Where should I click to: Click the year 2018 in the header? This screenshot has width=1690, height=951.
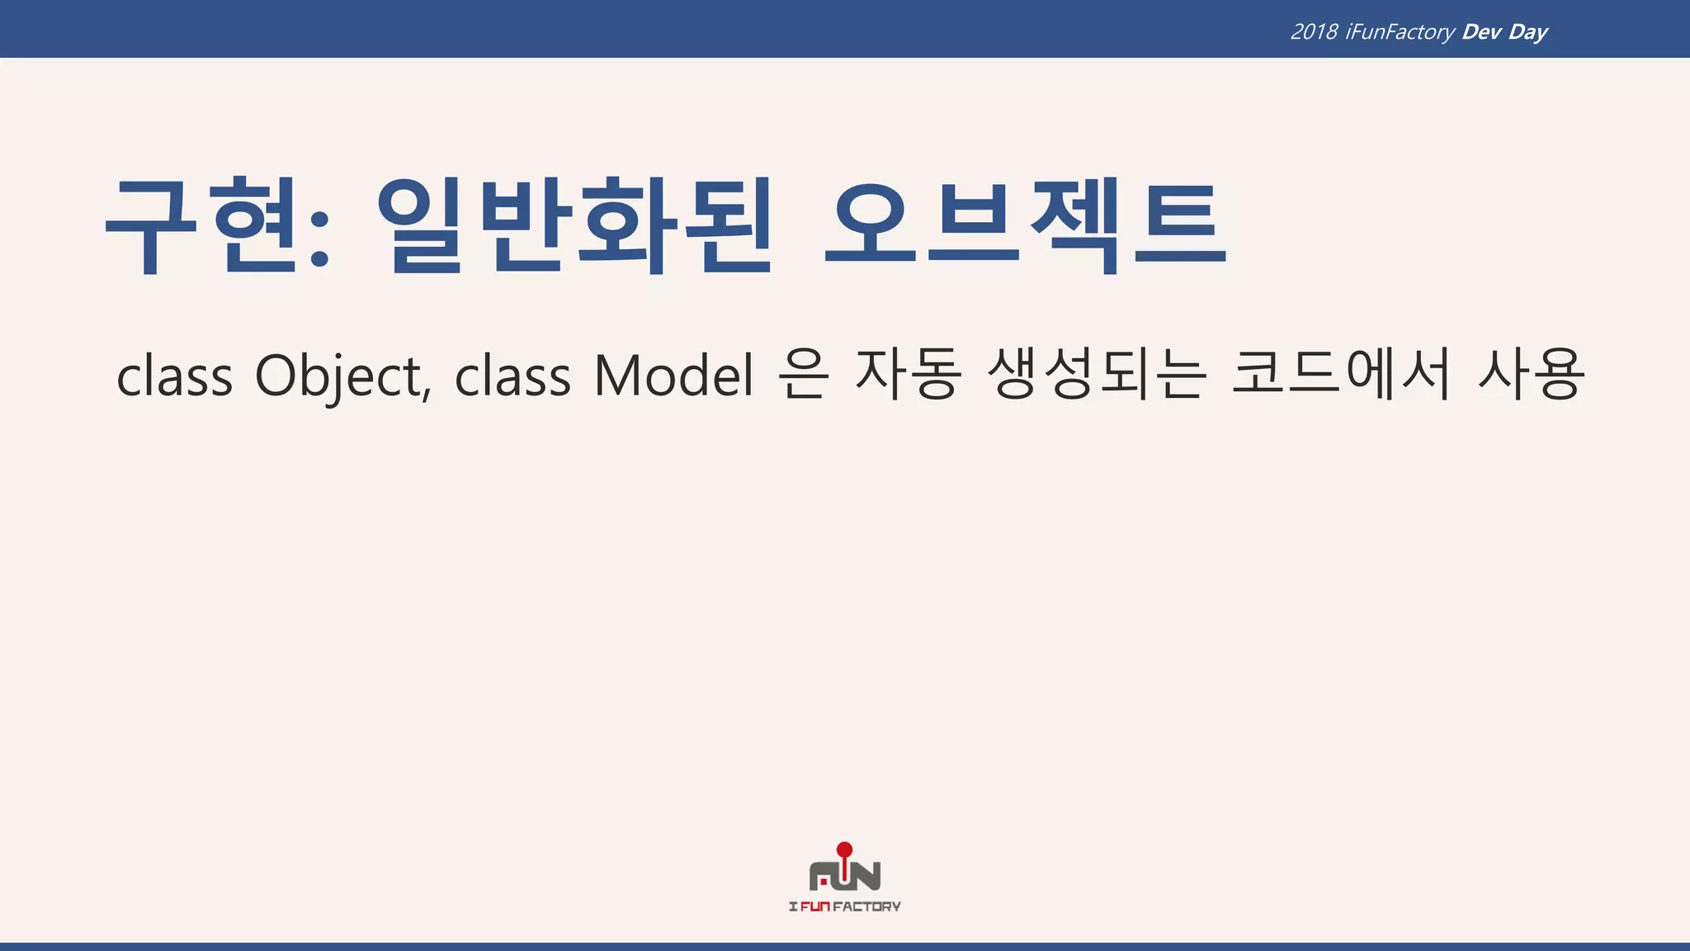pyautogui.click(x=1314, y=32)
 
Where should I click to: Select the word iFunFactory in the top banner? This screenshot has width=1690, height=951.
pyautogui.click(x=1400, y=32)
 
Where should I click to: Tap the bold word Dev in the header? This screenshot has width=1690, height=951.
pyautogui.click(x=1481, y=32)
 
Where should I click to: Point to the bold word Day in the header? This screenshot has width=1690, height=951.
pyautogui.click(x=1528, y=32)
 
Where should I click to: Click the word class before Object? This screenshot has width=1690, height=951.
pyautogui.click(x=175, y=376)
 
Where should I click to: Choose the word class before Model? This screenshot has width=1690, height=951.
pyautogui.click(x=512, y=376)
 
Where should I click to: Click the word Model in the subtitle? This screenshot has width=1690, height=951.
pyautogui.click(x=673, y=376)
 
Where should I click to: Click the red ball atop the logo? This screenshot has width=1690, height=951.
pyautogui.click(x=844, y=849)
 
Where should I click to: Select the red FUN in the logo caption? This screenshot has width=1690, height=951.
pyautogui.click(x=814, y=906)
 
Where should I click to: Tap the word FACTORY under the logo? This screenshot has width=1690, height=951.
pyautogui.click(x=866, y=906)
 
